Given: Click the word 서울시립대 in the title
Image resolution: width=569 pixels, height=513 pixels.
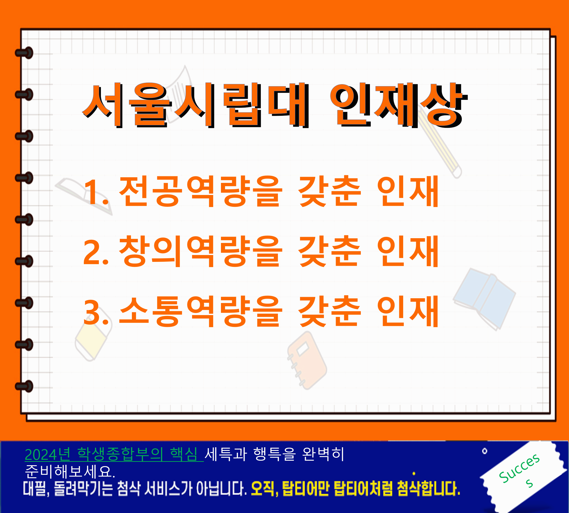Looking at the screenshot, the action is pyautogui.click(x=195, y=105).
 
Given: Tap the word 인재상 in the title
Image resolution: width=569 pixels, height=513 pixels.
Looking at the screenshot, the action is pyautogui.click(x=399, y=105).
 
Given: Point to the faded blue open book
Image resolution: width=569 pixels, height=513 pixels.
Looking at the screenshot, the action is pyautogui.click(x=484, y=299).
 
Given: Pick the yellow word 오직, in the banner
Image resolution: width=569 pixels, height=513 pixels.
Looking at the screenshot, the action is pyautogui.click(x=264, y=489).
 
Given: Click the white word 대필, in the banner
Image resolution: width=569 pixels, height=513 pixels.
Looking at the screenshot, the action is pyautogui.click(x=36, y=489).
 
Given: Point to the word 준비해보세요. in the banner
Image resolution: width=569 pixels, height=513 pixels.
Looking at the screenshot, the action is pyautogui.click(x=70, y=471).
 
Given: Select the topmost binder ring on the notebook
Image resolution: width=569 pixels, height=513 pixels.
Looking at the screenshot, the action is pyautogui.click(x=24, y=53).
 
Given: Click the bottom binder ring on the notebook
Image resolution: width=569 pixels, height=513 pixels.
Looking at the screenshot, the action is pyautogui.click(x=24, y=386).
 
